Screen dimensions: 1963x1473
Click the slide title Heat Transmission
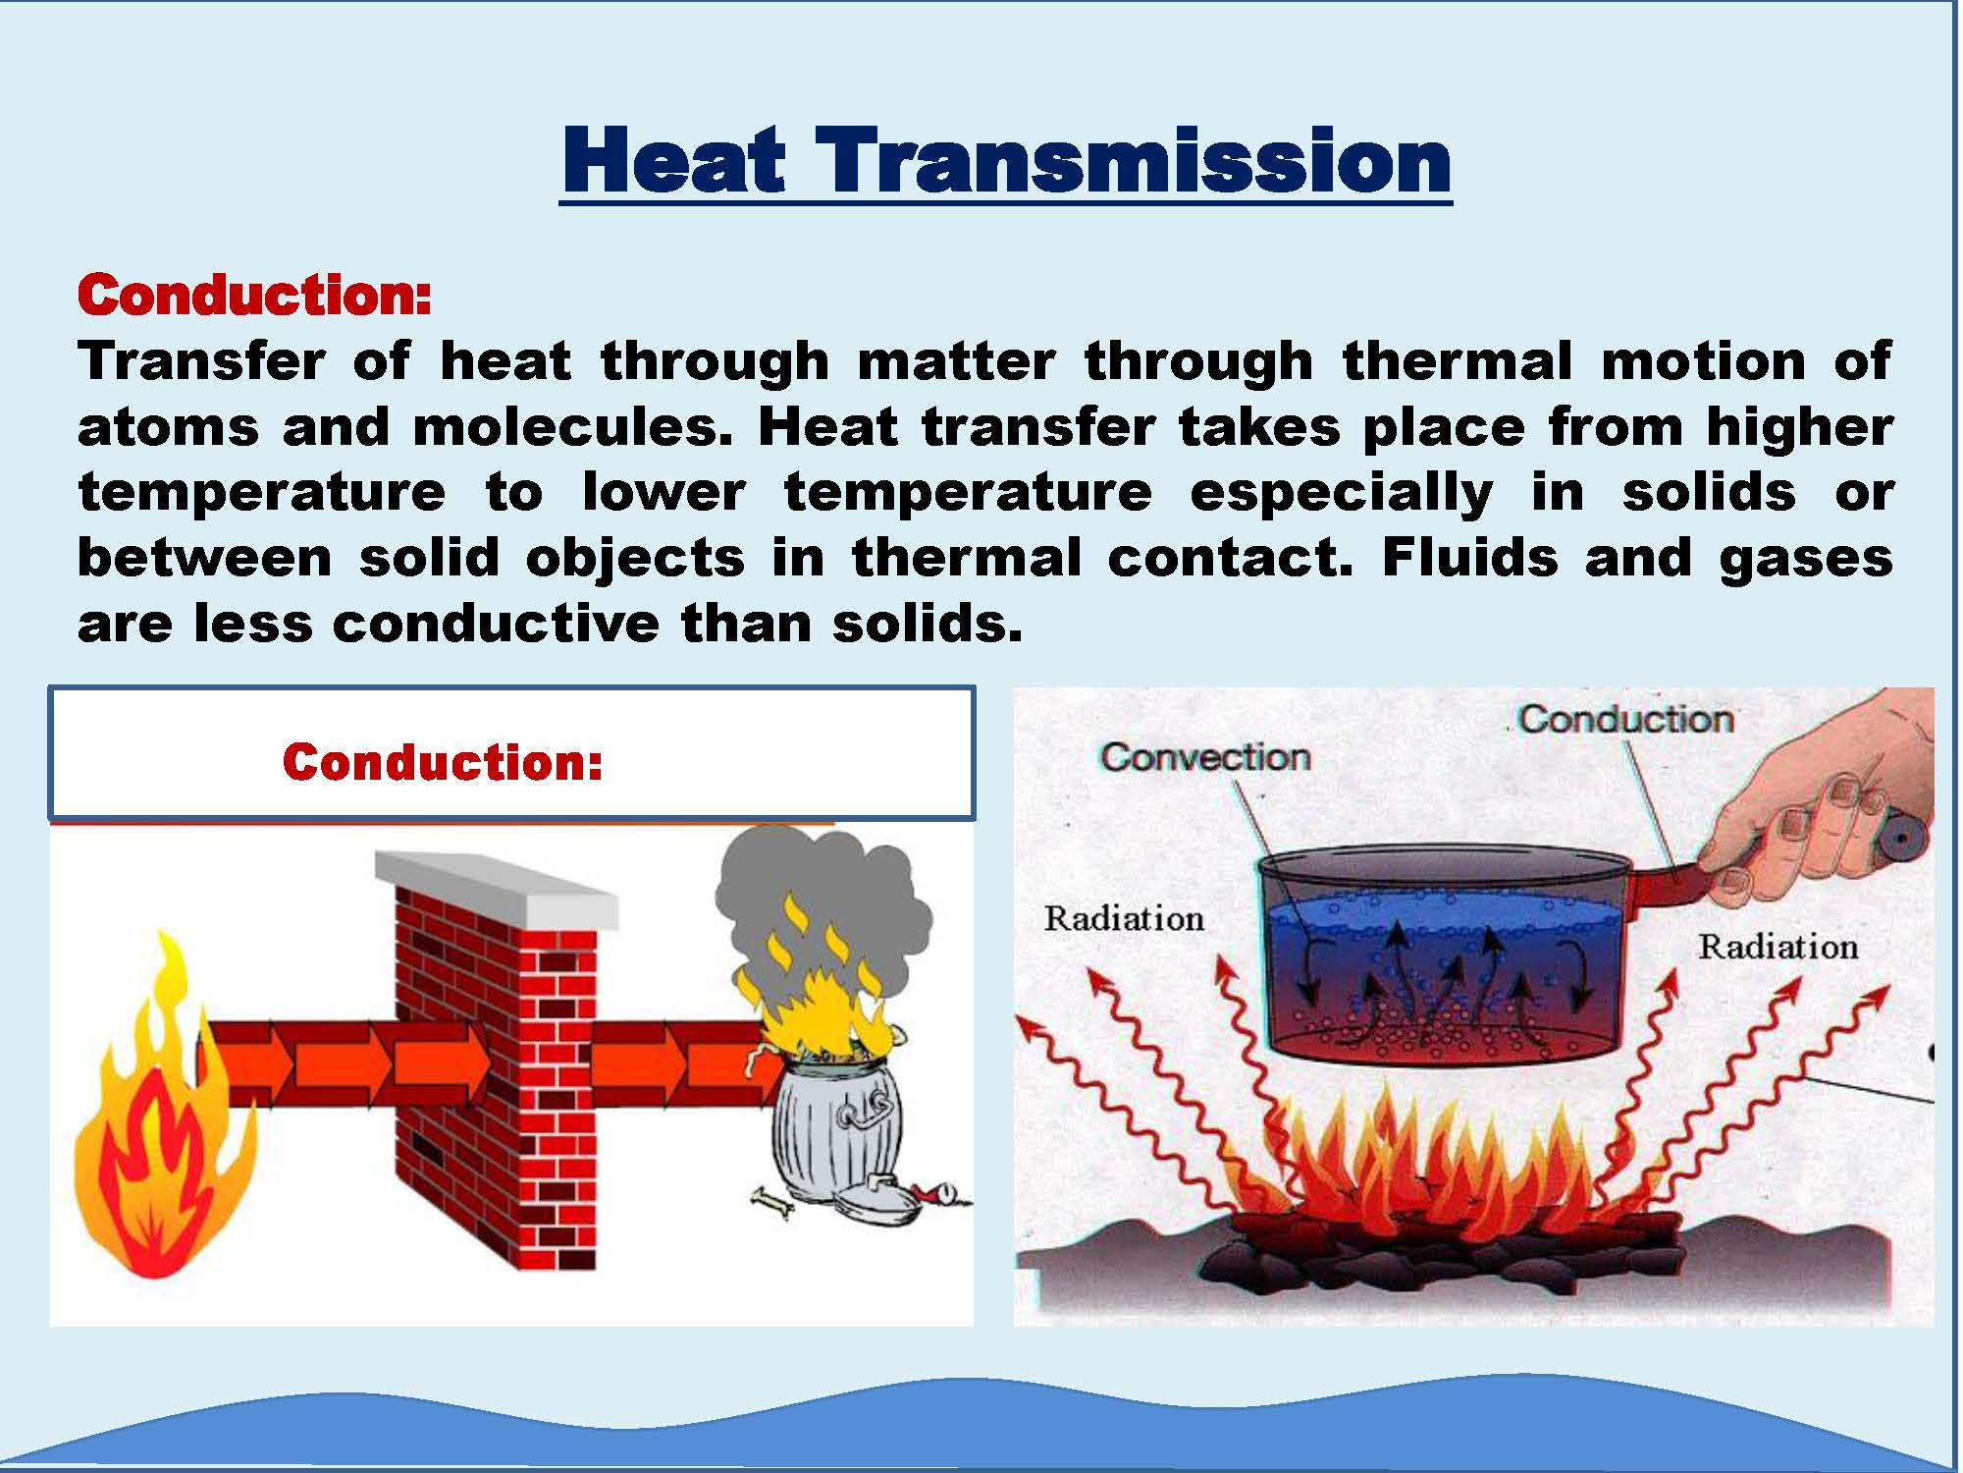click(1006, 161)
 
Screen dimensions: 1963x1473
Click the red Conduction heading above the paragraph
click(254, 295)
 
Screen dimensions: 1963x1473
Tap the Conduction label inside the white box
click(443, 761)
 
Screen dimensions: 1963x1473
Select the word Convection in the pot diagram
click(1205, 757)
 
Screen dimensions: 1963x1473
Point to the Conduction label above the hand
click(1626, 720)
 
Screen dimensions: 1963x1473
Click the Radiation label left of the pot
click(1124, 919)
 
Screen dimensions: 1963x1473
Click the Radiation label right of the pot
click(1778, 947)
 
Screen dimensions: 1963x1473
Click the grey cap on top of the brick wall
click(497, 889)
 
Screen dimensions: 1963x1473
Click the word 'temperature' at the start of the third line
click(261, 493)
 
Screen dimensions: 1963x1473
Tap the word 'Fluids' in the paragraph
click(1470, 557)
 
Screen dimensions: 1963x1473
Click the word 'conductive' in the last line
click(496, 624)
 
